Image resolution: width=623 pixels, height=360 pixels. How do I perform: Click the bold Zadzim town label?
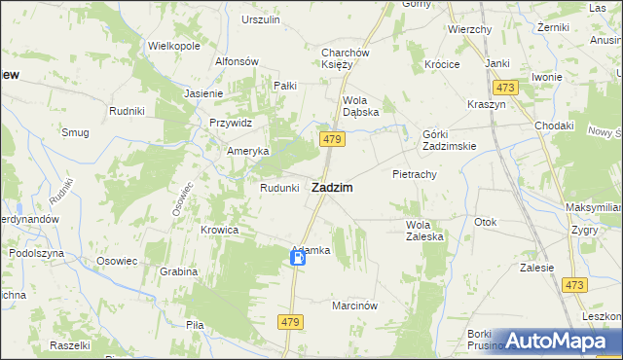pyautogui.click(x=331, y=187)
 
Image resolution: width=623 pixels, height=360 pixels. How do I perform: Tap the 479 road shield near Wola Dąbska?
pyautogui.click(x=331, y=140)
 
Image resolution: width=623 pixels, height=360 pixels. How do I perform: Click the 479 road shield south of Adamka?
pyautogui.click(x=290, y=321)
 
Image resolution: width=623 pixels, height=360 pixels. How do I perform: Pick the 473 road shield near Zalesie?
pyautogui.click(x=574, y=284)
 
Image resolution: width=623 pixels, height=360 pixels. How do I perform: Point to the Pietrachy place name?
pyautogui.click(x=414, y=174)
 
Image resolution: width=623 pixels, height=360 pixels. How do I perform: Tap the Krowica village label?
pyautogui.click(x=220, y=230)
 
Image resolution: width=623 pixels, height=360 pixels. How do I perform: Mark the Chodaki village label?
pyautogui.click(x=554, y=126)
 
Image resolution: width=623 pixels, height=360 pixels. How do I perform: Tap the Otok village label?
pyautogui.click(x=486, y=222)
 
